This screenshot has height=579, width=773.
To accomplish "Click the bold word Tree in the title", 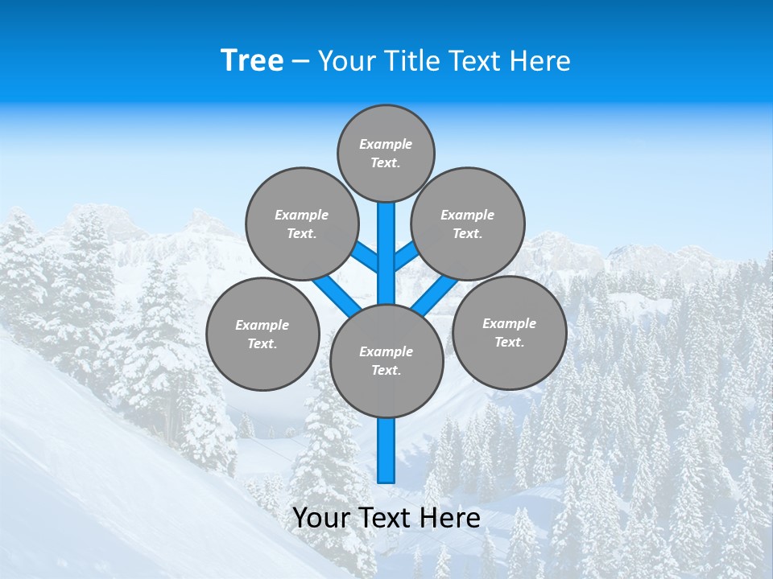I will pos(252,60).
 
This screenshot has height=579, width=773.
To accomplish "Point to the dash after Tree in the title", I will pos(300,61).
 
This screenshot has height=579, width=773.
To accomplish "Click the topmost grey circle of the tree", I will pos(386,153).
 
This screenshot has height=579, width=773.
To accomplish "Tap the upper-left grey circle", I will pos(301,224).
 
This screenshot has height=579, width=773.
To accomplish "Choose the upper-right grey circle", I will pos(468,224).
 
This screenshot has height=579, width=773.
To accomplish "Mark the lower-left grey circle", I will pos(262,334).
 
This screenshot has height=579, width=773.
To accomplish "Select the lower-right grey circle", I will pos(509,332).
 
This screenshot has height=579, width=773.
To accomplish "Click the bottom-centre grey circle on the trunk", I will pos(386,361).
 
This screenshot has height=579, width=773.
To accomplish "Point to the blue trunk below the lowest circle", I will pos(386,450).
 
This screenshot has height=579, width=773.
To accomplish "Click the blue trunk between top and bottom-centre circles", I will pos(386,249).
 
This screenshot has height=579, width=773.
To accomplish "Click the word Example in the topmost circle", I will pos(386,144).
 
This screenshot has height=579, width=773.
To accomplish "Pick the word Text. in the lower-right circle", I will pos(509,342).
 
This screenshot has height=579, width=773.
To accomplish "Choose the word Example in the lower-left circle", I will pos(262,325).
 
